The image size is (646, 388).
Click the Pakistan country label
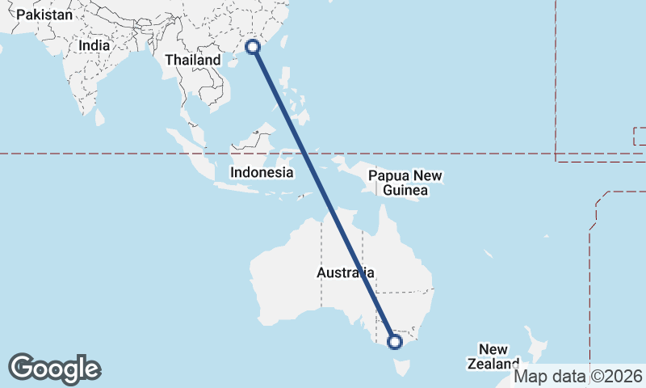point(44,15)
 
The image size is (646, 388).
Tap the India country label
point(94,46)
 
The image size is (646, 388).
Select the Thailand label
point(192,60)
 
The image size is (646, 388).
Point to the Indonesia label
point(261,172)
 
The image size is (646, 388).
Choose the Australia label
point(345,273)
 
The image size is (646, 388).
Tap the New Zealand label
point(493,356)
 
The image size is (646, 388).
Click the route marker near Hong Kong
point(253,46)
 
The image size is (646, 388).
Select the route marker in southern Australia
point(395,342)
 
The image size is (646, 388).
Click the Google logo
point(54,369)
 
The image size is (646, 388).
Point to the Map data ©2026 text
point(578,376)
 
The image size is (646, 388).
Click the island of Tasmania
point(401,368)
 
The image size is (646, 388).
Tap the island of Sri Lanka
point(99,118)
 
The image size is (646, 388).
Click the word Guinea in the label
point(405,191)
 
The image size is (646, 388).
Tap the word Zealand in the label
point(493,364)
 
